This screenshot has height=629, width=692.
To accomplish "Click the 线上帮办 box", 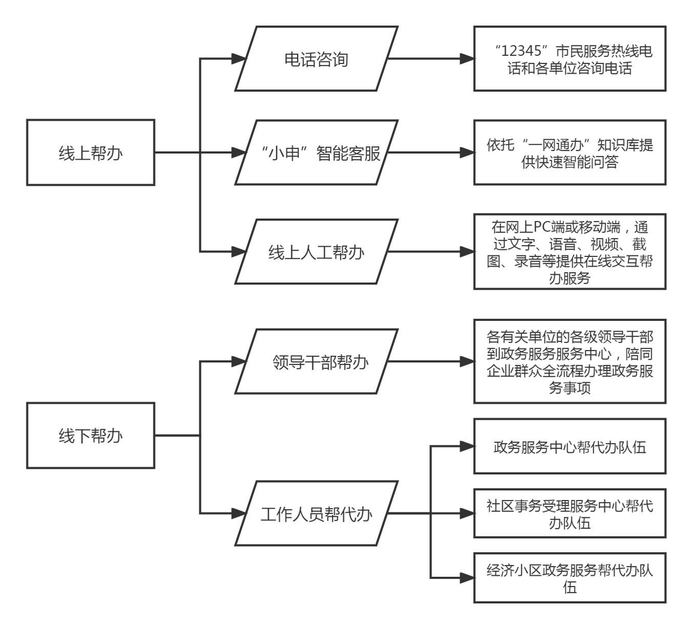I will (x=91, y=153).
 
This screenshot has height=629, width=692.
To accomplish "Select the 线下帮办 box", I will (x=91, y=436).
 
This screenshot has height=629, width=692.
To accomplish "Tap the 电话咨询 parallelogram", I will (x=316, y=59).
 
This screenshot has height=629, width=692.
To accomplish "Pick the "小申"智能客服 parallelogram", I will (x=316, y=153).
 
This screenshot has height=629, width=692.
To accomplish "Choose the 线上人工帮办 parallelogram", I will (x=316, y=252).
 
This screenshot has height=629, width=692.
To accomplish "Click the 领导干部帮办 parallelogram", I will (x=316, y=362).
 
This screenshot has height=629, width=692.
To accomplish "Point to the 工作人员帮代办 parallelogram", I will (x=316, y=513).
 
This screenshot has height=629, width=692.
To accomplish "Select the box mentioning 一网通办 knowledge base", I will (x=570, y=153).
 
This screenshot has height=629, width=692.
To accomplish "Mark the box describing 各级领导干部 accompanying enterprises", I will (x=570, y=362).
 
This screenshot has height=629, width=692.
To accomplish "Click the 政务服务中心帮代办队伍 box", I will (x=570, y=447).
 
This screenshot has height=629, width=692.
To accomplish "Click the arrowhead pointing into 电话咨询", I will (x=239, y=59).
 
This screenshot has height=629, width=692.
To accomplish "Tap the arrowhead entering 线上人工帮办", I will (x=239, y=252).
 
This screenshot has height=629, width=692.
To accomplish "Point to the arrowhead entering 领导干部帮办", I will (x=239, y=362).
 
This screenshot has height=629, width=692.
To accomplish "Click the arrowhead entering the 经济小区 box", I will (x=467, y=578).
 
